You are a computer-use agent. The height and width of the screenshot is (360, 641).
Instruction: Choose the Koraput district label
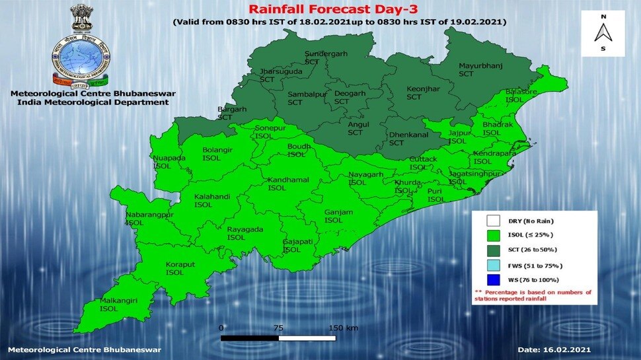point(174,268)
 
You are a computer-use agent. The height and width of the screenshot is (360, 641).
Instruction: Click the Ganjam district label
point(338,216)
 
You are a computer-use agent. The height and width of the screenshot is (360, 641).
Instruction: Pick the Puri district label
point(435,195)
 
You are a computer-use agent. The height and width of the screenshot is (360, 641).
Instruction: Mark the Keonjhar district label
point(414,92)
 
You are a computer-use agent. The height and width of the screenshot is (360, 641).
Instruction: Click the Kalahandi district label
point(210,201)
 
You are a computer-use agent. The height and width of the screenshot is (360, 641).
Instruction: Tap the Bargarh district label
point(231,112)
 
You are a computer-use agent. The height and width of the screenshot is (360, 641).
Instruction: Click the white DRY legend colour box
point(492,221)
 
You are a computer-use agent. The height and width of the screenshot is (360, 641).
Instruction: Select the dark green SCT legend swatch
point(492,250)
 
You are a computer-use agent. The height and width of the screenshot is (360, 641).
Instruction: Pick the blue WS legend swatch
point(492,279)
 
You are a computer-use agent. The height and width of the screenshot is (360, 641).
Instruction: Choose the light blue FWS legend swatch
point(492,265)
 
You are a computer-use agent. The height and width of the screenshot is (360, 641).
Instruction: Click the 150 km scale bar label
point(343,328)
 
